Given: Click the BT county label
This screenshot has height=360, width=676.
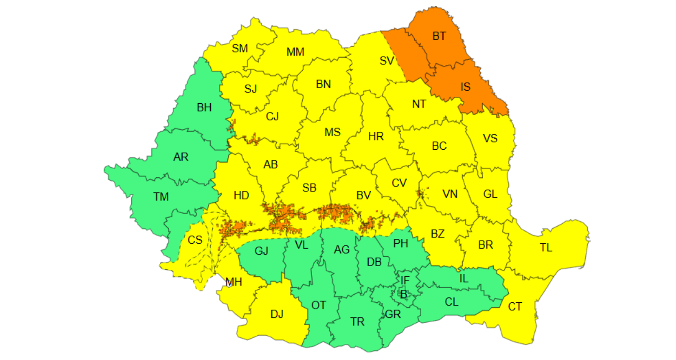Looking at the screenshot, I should (439, 36).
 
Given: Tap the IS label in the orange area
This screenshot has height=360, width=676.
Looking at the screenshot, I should (465, 87).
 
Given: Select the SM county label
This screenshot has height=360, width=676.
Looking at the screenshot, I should (240, 48).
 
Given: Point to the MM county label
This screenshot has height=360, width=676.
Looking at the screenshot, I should (296, 52).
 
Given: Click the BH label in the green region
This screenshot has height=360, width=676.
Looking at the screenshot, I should (204, 108).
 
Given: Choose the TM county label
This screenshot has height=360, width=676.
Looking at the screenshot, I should (161, 197).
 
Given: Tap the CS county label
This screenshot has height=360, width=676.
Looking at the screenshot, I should (195, 240).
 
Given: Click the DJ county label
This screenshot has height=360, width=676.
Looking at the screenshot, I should (277, 314).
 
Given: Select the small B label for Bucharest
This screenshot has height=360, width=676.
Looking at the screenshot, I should (403, 294).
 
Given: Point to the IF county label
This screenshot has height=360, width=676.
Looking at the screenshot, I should (405, 280).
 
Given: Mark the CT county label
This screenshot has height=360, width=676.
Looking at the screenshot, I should (515, 307).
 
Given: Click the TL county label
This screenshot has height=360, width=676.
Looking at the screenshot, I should (546, 248).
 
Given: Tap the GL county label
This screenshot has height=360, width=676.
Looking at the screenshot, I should (490, 194).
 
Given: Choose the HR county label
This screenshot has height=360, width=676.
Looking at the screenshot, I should (376, 137).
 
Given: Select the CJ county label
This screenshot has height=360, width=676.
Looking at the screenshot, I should (272, 117).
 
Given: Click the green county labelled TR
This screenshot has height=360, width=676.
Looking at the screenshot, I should (358, 322).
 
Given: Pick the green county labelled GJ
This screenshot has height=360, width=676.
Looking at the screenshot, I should (261, 250).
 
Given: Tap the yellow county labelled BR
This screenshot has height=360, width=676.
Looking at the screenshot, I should (485, 245).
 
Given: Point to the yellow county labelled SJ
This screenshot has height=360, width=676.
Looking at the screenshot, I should (251, 89).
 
